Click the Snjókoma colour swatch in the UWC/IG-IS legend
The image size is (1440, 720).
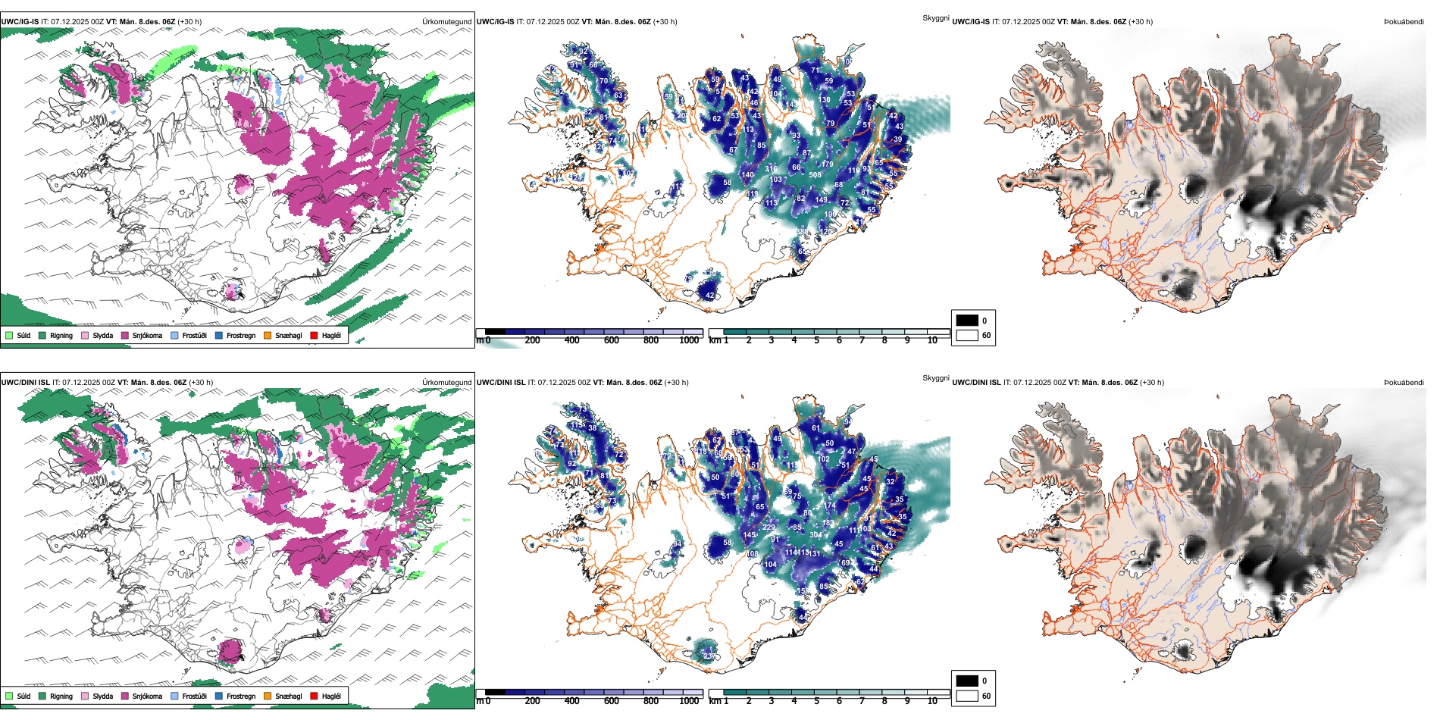point(124,335)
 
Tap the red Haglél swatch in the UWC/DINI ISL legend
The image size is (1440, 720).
point(314,696)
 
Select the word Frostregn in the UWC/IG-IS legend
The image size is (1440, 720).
point(240,335)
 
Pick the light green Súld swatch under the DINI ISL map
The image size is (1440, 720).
point(9,696)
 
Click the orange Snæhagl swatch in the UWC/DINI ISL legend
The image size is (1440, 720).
point(268,696)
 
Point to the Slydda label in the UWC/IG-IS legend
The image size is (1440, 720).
point(102,335)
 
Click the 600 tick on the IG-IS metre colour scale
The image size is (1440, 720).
point(612,340)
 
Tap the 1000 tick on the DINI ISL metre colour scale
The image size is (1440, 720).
point(689,701)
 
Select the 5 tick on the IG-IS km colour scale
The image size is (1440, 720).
point(816,340)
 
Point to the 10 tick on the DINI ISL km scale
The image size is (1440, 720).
point(932,701)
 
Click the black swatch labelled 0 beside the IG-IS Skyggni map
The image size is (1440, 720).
point(967,321)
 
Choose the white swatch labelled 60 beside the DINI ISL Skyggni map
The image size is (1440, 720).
point(967,696)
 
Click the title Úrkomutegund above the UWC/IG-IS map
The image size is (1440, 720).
point(446,22)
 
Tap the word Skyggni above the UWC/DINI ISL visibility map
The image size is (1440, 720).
point(935,378)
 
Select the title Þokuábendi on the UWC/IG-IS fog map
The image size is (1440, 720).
point(1404,22)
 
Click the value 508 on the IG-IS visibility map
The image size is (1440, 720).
point(815,175)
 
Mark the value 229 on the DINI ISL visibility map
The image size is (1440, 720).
point(769,527)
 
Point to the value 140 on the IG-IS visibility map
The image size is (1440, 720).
point(747,175)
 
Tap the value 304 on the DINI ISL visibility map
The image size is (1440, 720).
point(815,535)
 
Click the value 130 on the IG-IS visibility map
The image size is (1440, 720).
point(825,100)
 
